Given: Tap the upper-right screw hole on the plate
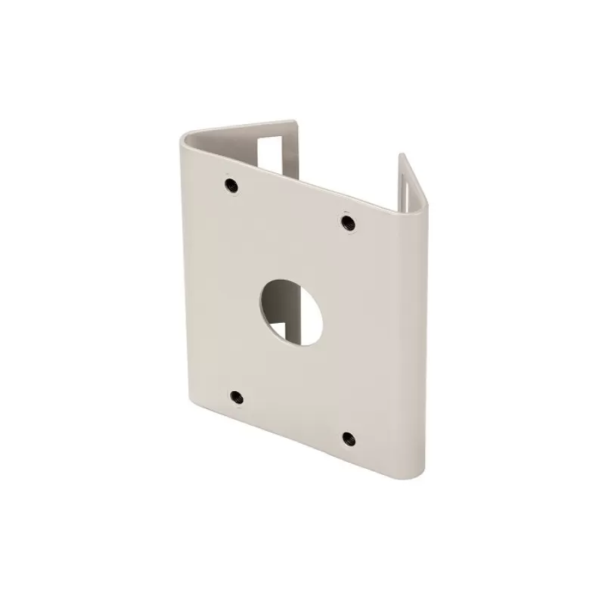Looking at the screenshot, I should point(347,222).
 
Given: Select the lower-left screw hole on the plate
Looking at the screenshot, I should point(236,396).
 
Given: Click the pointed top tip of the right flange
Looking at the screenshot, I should point(402,155).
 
